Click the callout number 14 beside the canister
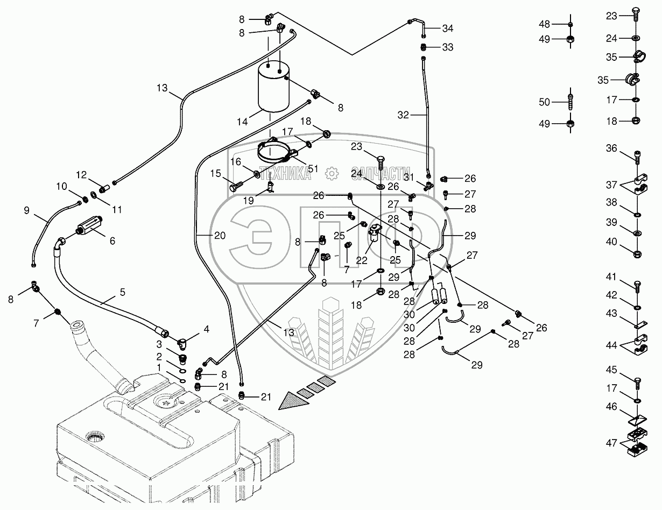click(x=242, y=122)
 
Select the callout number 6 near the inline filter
click(x=112, y=242)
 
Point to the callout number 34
click(x=448, y=28)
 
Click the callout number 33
click(x=448, y=47)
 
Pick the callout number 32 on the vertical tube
click(x=404, y=115)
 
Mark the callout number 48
click(x=545, y=24)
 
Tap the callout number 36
click(x=612, y=148)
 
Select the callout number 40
click(x=612, y=242)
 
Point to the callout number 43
click(x=612, y=312)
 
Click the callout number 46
click(x=612, y=407)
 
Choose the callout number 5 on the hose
click(x=123, y=292)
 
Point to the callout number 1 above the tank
click(x=158, y=366)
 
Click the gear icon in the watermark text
click(x=330, y=172)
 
